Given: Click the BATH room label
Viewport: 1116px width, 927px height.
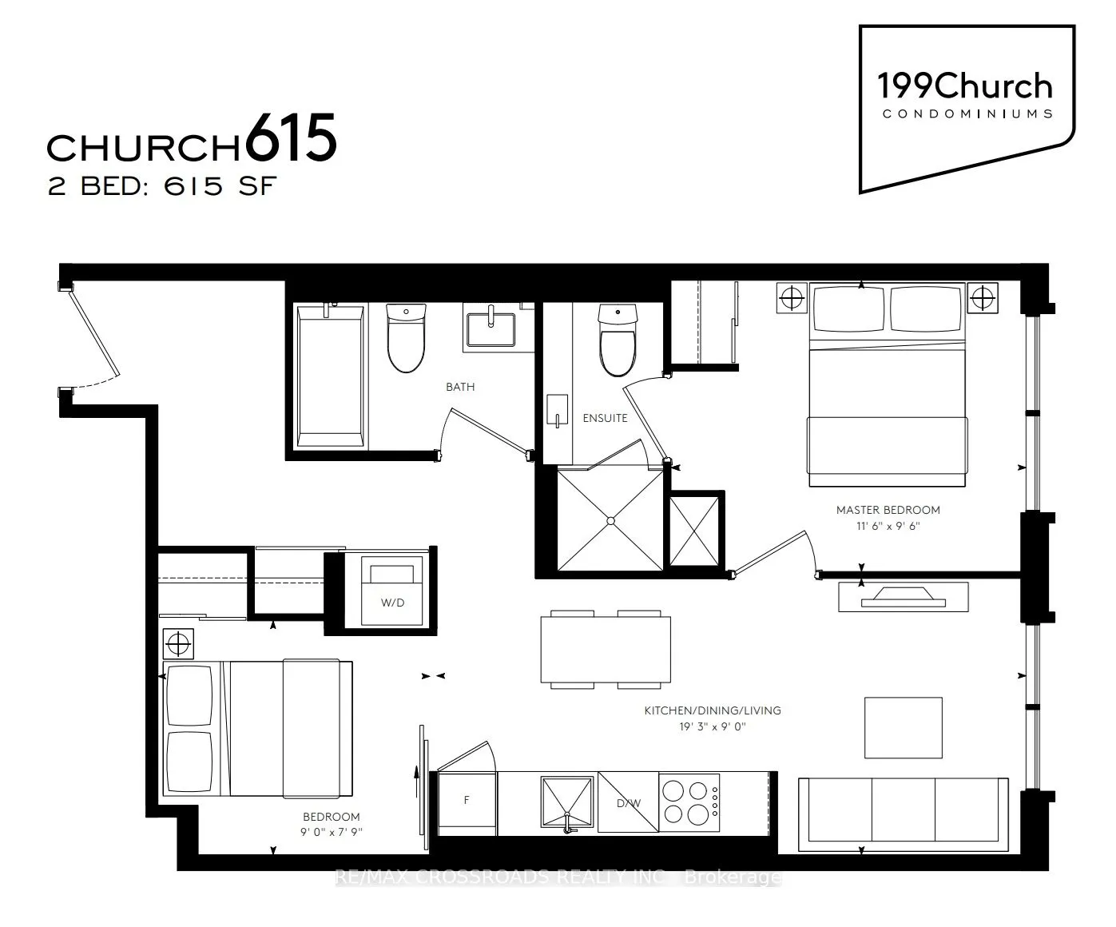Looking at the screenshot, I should [x=460, y=387].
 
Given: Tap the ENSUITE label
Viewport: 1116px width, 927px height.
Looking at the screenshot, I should [x=605, y=418].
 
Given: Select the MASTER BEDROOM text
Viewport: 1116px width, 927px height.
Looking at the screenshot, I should [x=888, y=510].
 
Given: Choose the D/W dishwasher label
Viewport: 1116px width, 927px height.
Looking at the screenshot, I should [x=627, y=803].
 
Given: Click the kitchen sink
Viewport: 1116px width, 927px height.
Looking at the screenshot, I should [x=566, y=802].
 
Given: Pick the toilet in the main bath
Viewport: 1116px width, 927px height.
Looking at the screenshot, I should [x=405, y=338].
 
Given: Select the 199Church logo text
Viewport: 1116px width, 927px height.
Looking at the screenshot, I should [x=964, y=86].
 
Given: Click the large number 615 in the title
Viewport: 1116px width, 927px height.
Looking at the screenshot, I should [x=291, y=139].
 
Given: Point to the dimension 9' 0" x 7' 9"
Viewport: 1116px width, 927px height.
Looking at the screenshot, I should [x=331, y=832].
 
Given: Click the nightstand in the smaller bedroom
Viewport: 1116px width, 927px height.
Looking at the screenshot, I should [x=178, y=641].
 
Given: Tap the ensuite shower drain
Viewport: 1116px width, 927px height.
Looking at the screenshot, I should [x=610, y=520].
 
